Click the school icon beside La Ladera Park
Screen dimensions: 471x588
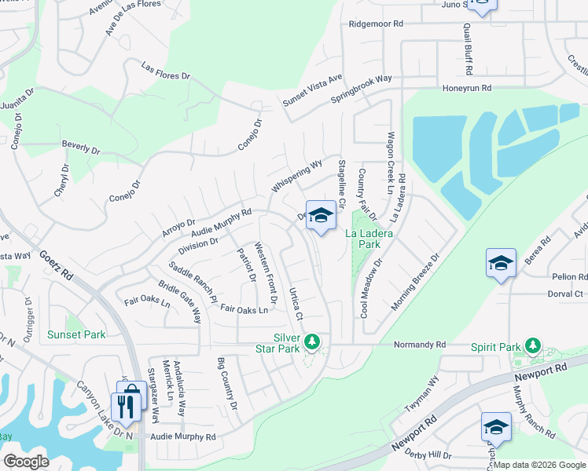[321, 216]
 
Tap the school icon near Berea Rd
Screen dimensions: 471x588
[501, 264]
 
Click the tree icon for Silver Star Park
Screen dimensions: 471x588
[313, 341]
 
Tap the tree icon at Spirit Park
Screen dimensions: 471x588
[533, 345]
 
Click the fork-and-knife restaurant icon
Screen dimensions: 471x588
[125, 406]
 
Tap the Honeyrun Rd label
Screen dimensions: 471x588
[467, 88]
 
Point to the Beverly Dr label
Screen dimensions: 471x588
[81, 147]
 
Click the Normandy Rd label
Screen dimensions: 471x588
[419, 345]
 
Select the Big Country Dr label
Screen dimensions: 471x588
[226, 385]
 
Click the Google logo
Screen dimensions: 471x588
[27, 462]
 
